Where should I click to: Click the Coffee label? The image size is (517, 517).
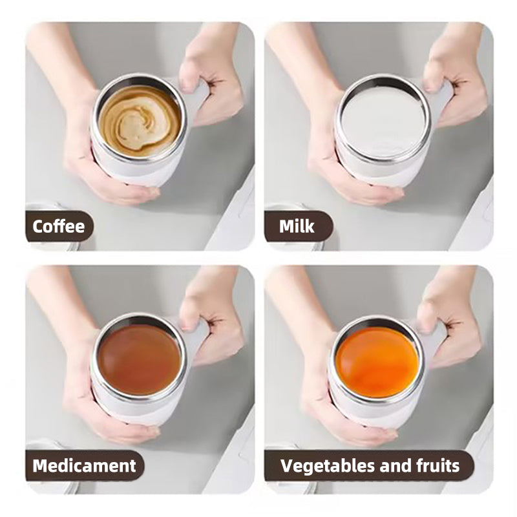[59, 227]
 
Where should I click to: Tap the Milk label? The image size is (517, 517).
[297, 227]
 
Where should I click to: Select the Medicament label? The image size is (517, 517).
[84, 465]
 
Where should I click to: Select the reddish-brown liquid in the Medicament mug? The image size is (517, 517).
[140, 358]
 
